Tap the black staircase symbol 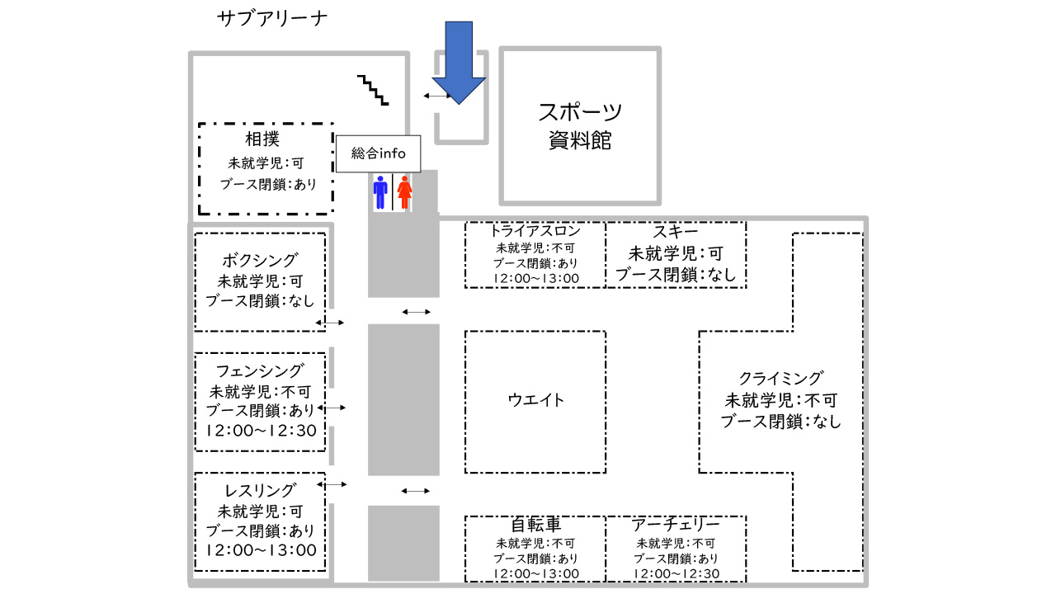[373, 90]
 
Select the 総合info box [379, 153]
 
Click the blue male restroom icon [380, 191]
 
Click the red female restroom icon [404, 191]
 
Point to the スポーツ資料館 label [580, 125]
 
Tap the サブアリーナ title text [272, 19]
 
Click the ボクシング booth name [261, 261]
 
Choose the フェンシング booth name [261, 370]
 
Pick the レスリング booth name [261, 490]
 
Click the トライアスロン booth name [535, 231]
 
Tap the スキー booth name [676, 232]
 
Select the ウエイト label [536, 400]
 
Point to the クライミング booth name [780, 379]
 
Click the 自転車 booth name [536, 525]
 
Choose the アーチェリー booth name [676, 525]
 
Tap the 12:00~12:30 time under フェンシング [261, 430]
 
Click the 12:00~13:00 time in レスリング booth [261, 550]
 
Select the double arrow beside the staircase [436, 97]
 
